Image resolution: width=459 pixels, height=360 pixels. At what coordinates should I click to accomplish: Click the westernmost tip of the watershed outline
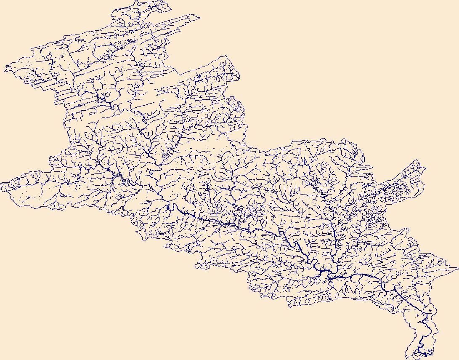pos(1,184)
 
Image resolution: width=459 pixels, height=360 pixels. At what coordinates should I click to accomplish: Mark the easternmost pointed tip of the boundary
pos(458,267)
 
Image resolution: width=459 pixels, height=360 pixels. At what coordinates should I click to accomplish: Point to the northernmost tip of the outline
pos(138,1)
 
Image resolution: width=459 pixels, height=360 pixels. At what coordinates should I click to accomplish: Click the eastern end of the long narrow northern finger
pos(199,17)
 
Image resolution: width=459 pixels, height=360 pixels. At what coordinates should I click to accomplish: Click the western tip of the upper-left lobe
pos(5,67)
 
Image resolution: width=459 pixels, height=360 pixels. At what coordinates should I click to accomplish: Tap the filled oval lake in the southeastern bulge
pos(430,311)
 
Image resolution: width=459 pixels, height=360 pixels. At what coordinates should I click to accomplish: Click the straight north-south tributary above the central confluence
pos(334,240)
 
